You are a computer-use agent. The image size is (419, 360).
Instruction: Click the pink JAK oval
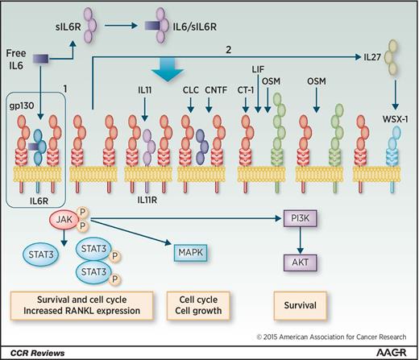[64, 218]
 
